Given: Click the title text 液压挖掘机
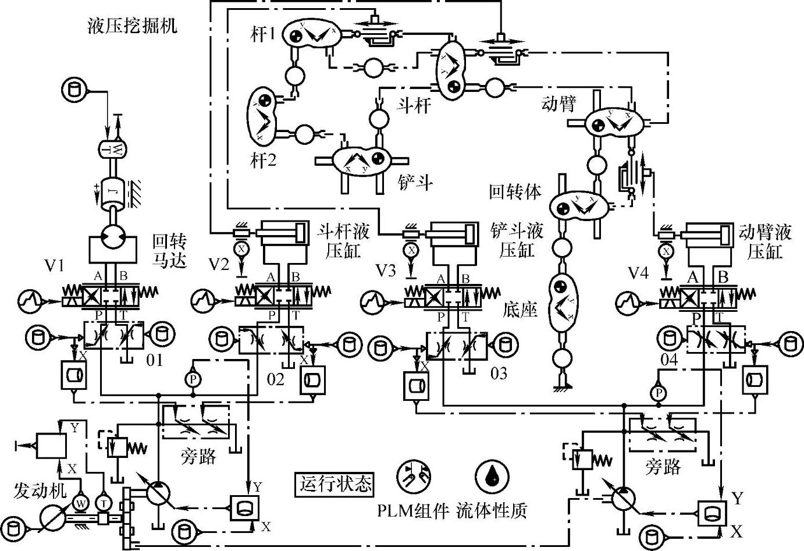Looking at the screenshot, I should coord(131,27).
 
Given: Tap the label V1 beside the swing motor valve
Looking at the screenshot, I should coord(55,266).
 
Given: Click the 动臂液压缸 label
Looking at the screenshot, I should coord(765,241).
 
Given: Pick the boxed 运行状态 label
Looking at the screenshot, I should coord(335,484).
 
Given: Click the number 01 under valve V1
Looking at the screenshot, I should coord(154,360).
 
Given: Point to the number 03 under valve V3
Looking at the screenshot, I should coord(499,373).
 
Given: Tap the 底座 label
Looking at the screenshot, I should coord(521,310).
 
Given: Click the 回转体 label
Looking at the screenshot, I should coord(515,191).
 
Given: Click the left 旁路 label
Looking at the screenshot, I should coord(199,457).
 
